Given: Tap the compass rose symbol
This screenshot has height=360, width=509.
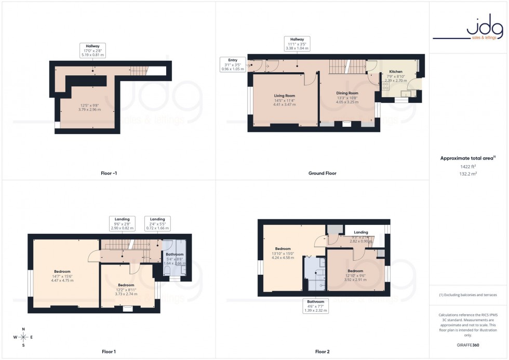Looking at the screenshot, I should tap(23, 337).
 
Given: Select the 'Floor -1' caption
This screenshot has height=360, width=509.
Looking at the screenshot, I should tap(109, 173).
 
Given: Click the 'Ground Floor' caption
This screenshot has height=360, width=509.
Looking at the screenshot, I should tap(322, 173).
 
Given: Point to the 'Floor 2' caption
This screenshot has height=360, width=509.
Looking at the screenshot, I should tap(322, 352).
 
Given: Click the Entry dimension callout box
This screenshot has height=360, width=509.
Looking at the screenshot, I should tap(233, 64).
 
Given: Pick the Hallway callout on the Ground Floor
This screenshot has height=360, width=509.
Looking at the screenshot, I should tap(297, 44).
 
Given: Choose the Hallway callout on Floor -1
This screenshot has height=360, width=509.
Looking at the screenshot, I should tap(93, 50).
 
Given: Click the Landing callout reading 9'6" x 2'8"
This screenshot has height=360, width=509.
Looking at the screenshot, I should tap(122, 223).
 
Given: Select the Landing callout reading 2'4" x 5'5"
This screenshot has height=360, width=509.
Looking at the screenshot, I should tap(157, 223).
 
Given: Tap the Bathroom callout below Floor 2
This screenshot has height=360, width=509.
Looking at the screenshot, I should tap(315, 306).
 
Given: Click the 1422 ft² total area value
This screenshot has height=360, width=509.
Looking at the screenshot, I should tap(468, 166).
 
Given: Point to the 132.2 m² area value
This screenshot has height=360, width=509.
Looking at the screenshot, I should tap(468, 175).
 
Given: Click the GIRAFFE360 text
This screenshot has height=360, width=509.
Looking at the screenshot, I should tap(468, 344).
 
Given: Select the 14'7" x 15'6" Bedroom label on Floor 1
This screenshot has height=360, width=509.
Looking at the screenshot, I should tap(62, 276).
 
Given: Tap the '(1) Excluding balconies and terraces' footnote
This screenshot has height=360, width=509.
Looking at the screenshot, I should tap(468, 295).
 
